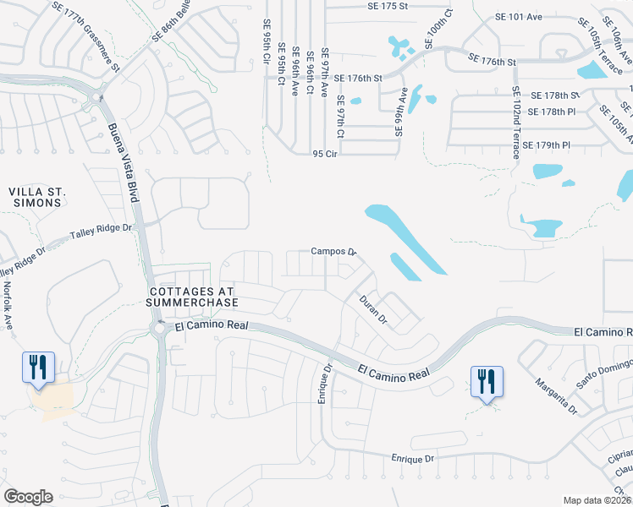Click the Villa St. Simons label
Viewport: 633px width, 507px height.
pos(36,198)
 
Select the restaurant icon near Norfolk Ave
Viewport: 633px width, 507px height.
pos(38,366)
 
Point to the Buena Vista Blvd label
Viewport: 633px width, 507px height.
pos(123,163)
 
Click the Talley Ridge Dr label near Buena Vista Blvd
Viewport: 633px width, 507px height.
pos(102,228)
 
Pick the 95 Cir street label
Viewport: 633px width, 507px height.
pos(326,154)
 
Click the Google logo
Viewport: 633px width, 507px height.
pos(28,497)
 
